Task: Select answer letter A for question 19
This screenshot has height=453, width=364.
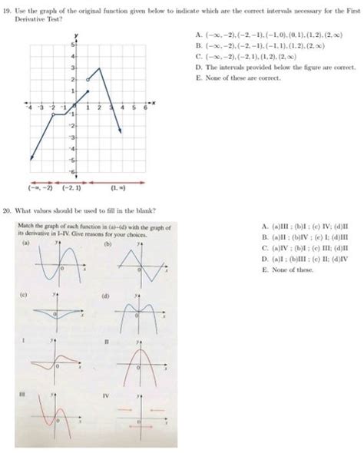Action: (199, 35)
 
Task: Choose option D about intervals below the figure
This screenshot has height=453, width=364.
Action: (199, 68)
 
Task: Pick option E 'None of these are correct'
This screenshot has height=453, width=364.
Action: (199, 78)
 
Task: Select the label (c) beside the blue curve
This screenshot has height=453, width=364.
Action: (25, 295)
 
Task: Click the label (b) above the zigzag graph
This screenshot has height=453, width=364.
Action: (107, 244)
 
